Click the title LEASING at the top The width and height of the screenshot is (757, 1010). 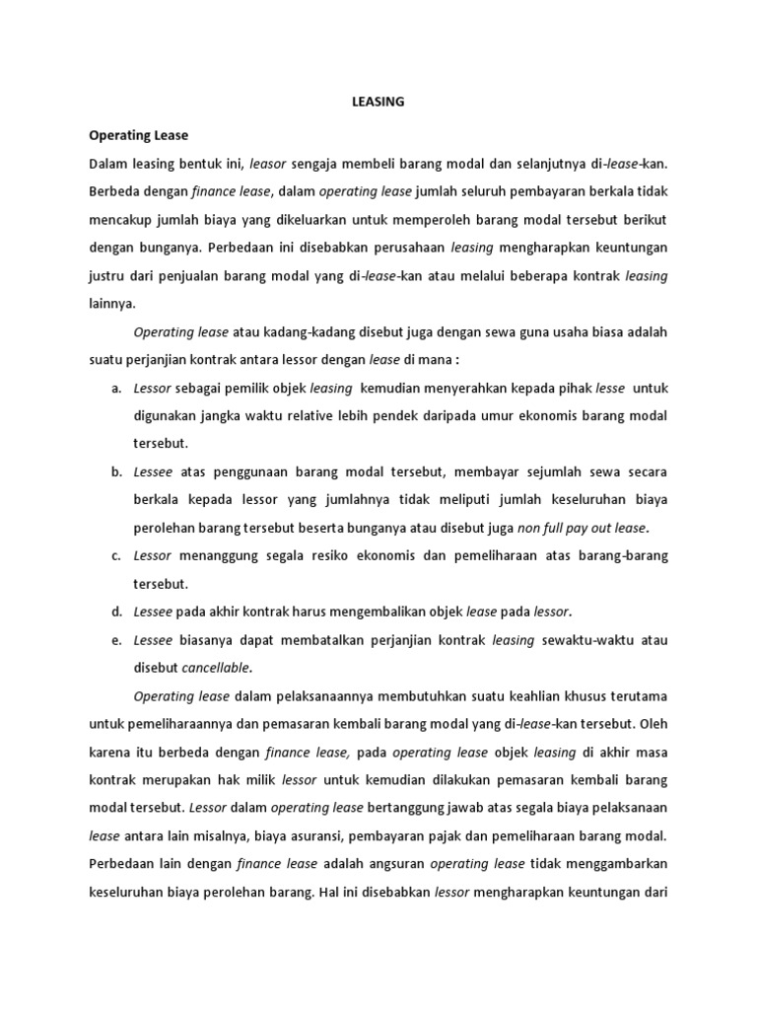click(x=378, y=102)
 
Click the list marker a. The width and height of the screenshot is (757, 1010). click(x=115, y=389)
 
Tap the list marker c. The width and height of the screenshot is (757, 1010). click(x=115, y=555)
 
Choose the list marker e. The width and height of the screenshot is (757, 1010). click(x=115, y=640)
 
